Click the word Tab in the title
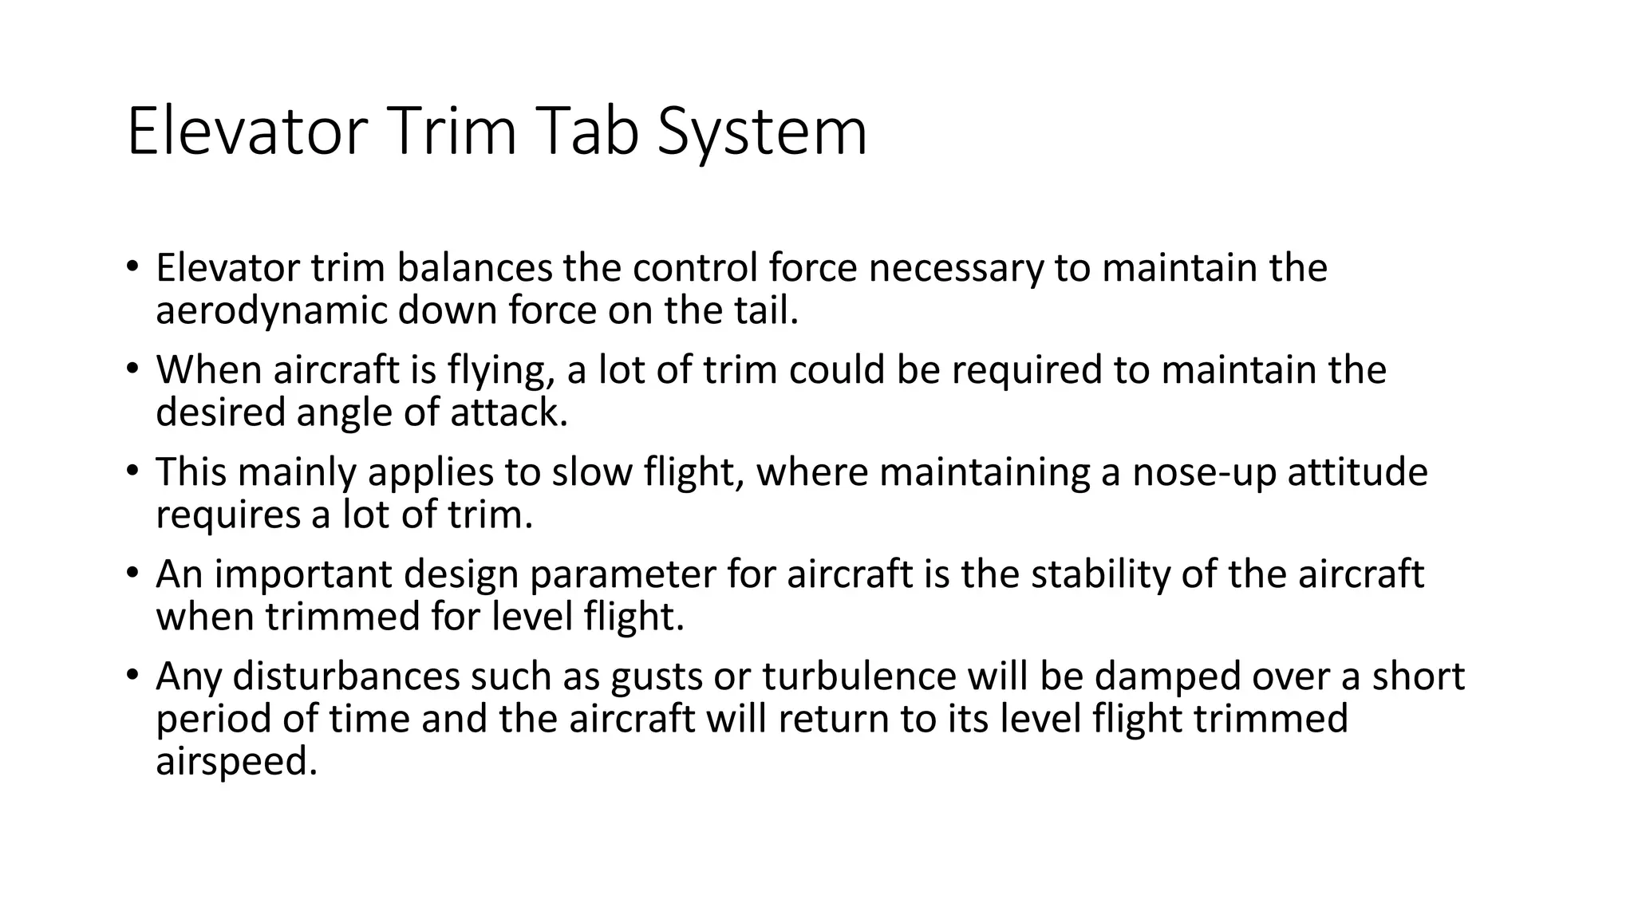(x=591, y=132)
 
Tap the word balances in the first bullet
(x=474, y=268)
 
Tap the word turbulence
(x=858, y=676)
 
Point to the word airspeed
(x=236, y=762)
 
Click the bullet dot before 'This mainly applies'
(x=132, y=471)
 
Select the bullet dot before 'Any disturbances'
(x=132, y=675)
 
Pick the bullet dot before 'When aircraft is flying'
(x=132, y=369)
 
